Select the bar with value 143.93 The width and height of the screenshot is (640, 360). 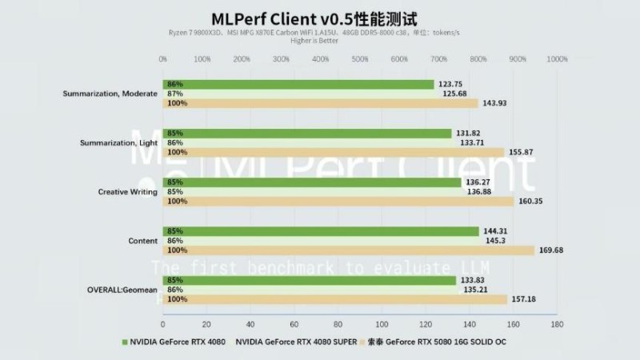point(320,103)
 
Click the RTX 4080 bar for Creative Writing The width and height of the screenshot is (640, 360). point(312,182)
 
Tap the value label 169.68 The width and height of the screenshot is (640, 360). point(552,250)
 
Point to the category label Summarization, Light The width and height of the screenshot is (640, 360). point(119,142)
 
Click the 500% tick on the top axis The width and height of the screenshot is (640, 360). point(359,59)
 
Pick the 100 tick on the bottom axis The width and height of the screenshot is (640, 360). point(381,325)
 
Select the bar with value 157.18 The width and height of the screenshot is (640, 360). point(334,299)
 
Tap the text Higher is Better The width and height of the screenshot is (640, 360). point(314,40)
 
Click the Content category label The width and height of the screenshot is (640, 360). point(143,241)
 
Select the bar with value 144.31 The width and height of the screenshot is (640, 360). point(321,231)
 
